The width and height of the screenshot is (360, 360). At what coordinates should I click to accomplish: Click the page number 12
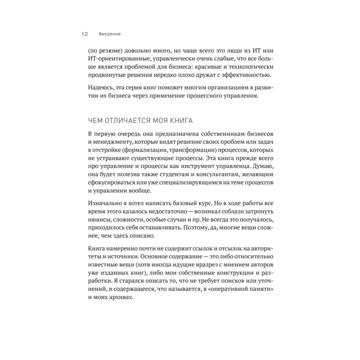(85, 34)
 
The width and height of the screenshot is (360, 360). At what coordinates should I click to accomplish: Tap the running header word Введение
(109, 34)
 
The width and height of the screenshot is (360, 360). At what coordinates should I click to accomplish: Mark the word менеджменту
(113, 143)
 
